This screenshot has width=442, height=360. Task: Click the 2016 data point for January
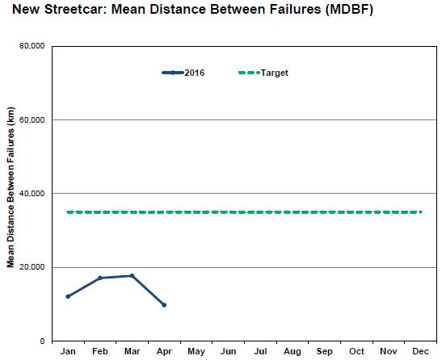point(68,296)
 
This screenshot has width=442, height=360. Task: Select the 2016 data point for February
point(99,278)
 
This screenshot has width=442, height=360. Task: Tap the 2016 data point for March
point(132,276)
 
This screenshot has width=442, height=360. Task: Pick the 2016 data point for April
point(164,304)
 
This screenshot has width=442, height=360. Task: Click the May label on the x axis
point(196,353)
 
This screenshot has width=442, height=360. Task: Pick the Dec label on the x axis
point(420,353)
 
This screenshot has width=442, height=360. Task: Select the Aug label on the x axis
point(293,353)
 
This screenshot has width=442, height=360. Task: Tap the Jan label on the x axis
point(68,353)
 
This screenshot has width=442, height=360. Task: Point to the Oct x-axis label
point(356,353)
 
